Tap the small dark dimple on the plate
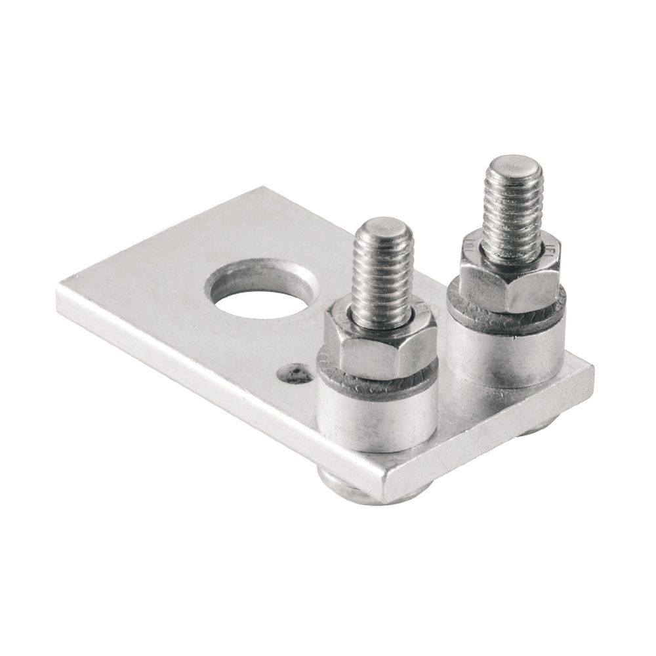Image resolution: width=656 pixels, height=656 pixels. coord(295,374)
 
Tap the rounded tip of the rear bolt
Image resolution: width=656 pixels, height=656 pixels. coord(513,164)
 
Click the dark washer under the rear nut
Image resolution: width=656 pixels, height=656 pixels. coord(505,318)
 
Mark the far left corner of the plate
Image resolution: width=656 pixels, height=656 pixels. coord(59,289)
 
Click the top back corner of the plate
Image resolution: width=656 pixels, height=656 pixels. coord(262,189)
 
